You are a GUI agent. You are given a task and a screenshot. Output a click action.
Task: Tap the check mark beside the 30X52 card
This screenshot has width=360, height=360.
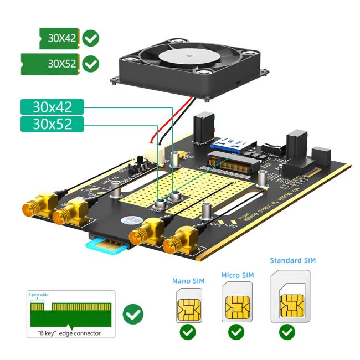[90, 64]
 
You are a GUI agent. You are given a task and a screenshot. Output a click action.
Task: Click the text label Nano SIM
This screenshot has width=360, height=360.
[188, 281]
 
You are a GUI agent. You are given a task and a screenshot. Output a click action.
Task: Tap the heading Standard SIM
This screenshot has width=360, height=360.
[292, 260]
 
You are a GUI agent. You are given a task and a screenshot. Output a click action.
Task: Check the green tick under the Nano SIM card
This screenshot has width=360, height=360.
[188, 332]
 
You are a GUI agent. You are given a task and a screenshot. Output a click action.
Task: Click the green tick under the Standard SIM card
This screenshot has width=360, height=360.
[287, 332]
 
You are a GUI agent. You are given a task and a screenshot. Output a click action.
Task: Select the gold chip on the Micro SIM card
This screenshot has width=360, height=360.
[237, 306]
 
